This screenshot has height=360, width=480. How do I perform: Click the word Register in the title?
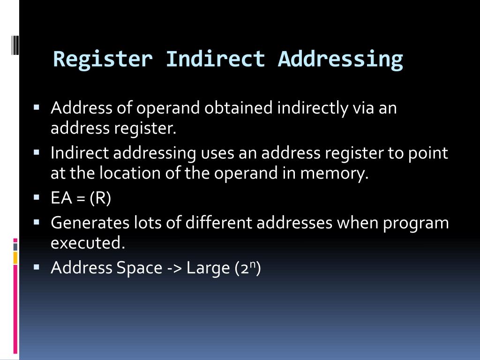point(103,60)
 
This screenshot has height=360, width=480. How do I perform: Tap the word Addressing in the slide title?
point(340,60)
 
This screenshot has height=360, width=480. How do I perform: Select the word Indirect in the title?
point(215,60)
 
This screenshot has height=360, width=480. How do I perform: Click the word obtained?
point(239,108)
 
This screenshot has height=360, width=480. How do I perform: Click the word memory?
point(335,174)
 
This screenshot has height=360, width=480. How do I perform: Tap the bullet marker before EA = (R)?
point(37,197)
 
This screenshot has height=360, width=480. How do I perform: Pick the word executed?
point(88,243)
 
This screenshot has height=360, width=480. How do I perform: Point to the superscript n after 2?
point(252,265)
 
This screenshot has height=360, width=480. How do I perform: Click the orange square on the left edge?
point(15,257)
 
